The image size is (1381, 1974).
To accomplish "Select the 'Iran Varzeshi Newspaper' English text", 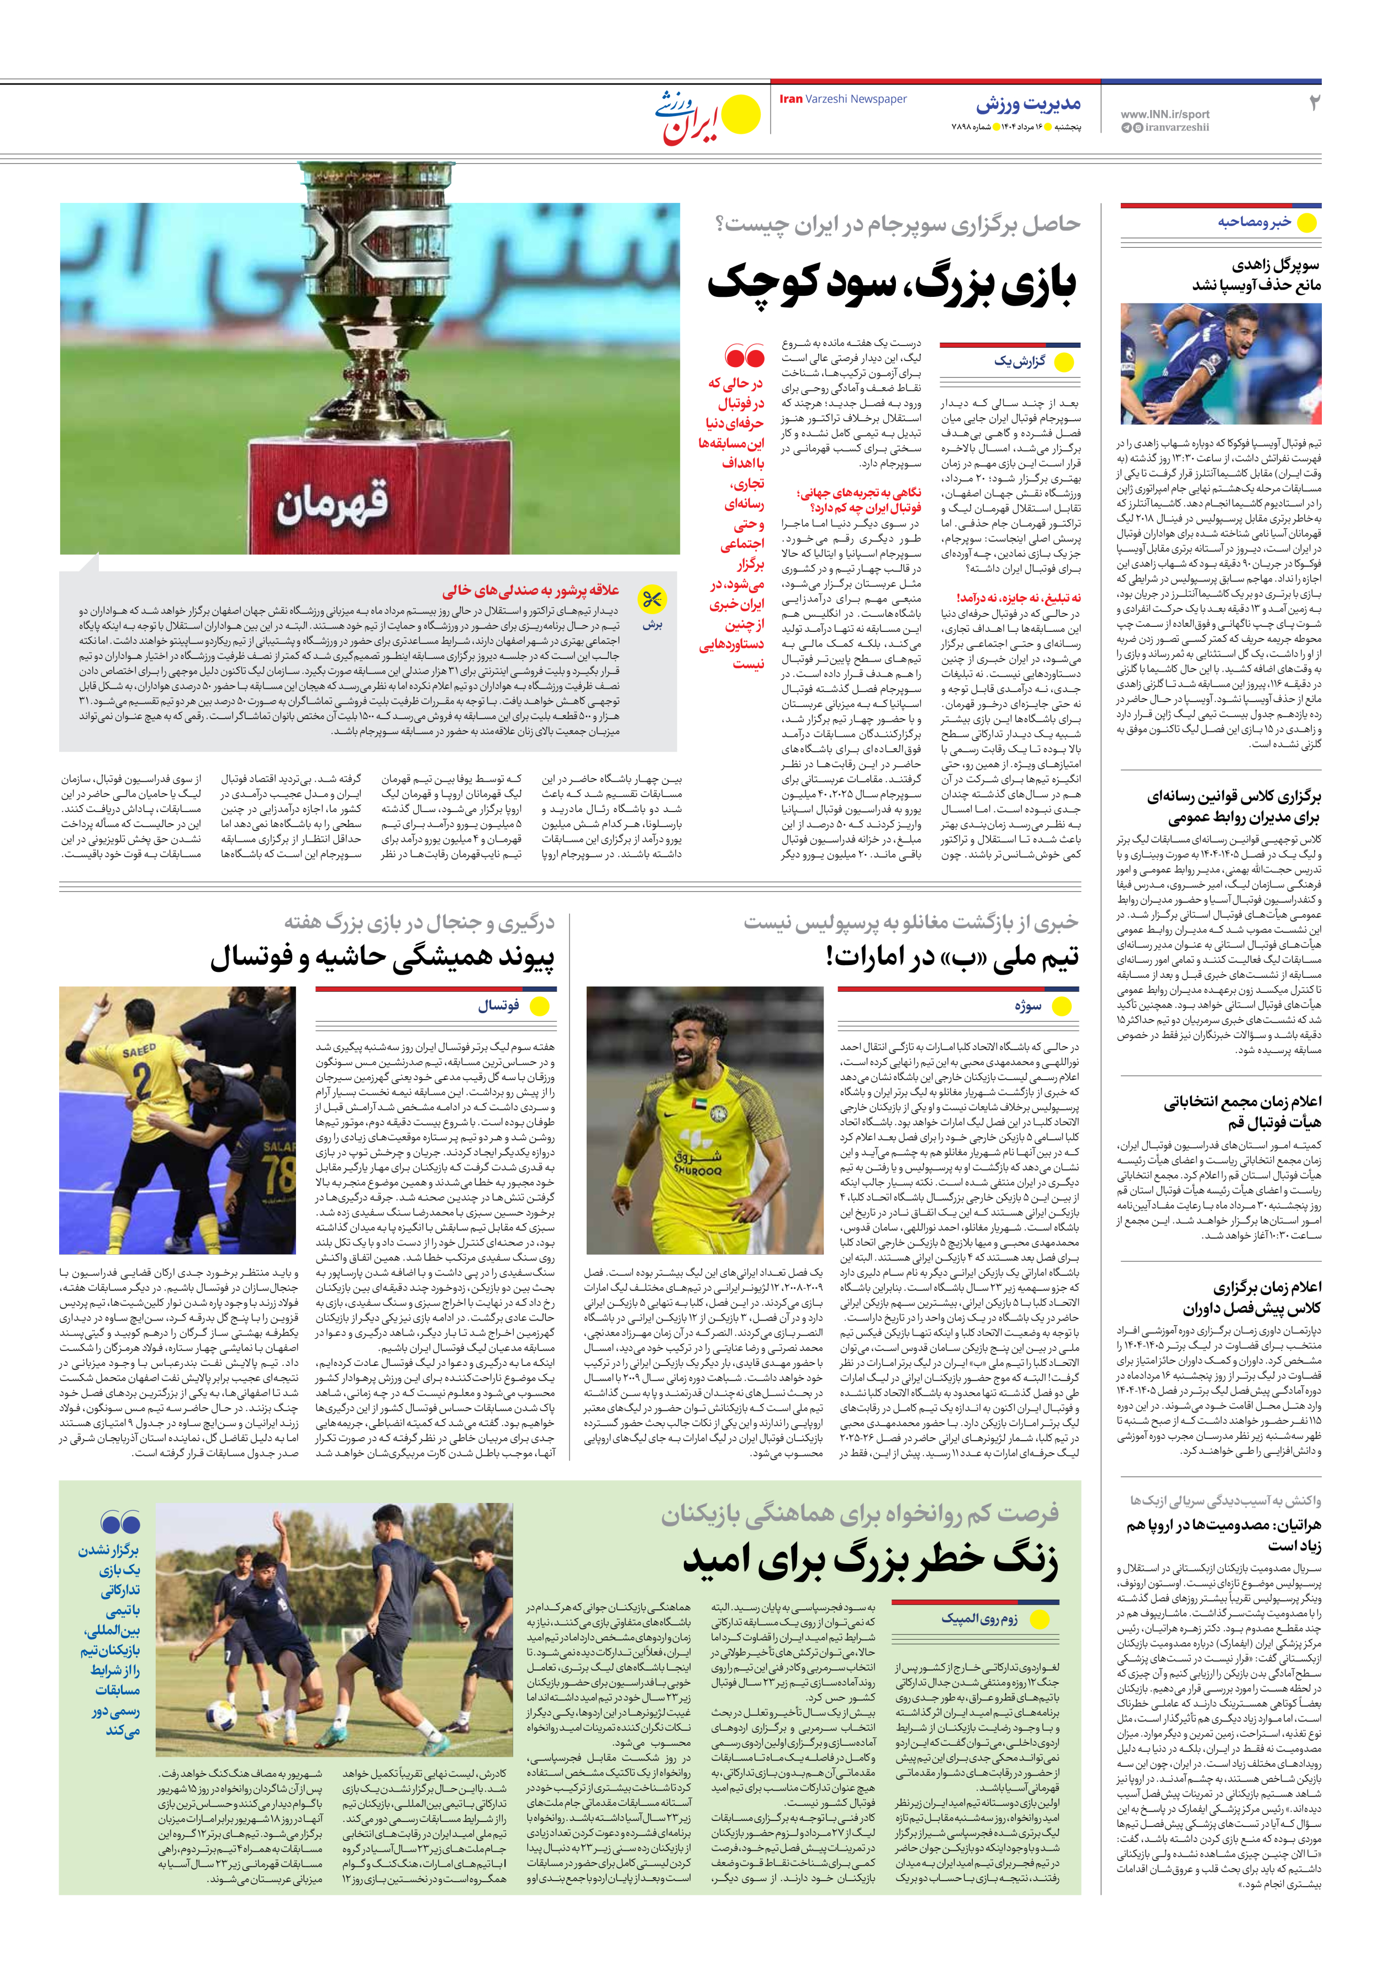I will click(x=843, y=99).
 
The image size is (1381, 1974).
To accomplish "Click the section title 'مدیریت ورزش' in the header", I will click(x=1028, y=105).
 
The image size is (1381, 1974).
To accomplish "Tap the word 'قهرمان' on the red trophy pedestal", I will click(x=331, y=503).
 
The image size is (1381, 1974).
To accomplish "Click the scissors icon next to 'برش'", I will click(x=652, y=598).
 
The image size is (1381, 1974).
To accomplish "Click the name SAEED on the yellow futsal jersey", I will click(x=139, y=1050).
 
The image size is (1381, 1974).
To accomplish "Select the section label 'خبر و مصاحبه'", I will click(x=1254, y=222).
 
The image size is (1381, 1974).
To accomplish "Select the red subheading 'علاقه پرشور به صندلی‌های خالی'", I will click(x=530, y=591).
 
